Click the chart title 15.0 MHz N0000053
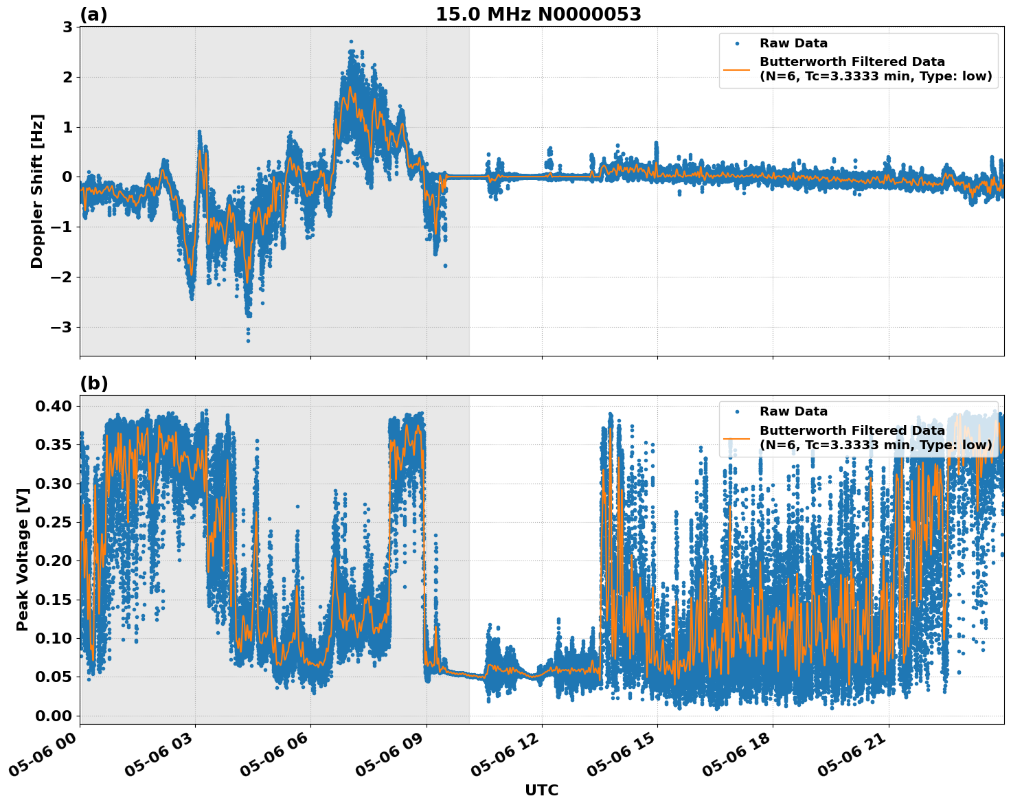click(x=538, y=14)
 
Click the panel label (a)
click(x=93, y=14)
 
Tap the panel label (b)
click(x=93, y=383)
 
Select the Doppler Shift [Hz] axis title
click(x=37, y=191)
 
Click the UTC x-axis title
click(x=541, y=790)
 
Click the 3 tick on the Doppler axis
click(x=67, y=27)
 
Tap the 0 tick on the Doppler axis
click(x=67, y=177)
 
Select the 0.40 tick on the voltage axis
click(x=53, y=407)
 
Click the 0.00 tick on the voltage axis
click(x=53, y=716)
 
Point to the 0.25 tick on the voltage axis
click(x=53, y=523)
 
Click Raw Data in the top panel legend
click(x=793, y=43)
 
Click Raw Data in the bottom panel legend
click(x=793, y=411)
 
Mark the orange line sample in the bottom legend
click(x=737, y=438)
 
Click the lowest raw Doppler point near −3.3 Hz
click(x=248, y=341)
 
